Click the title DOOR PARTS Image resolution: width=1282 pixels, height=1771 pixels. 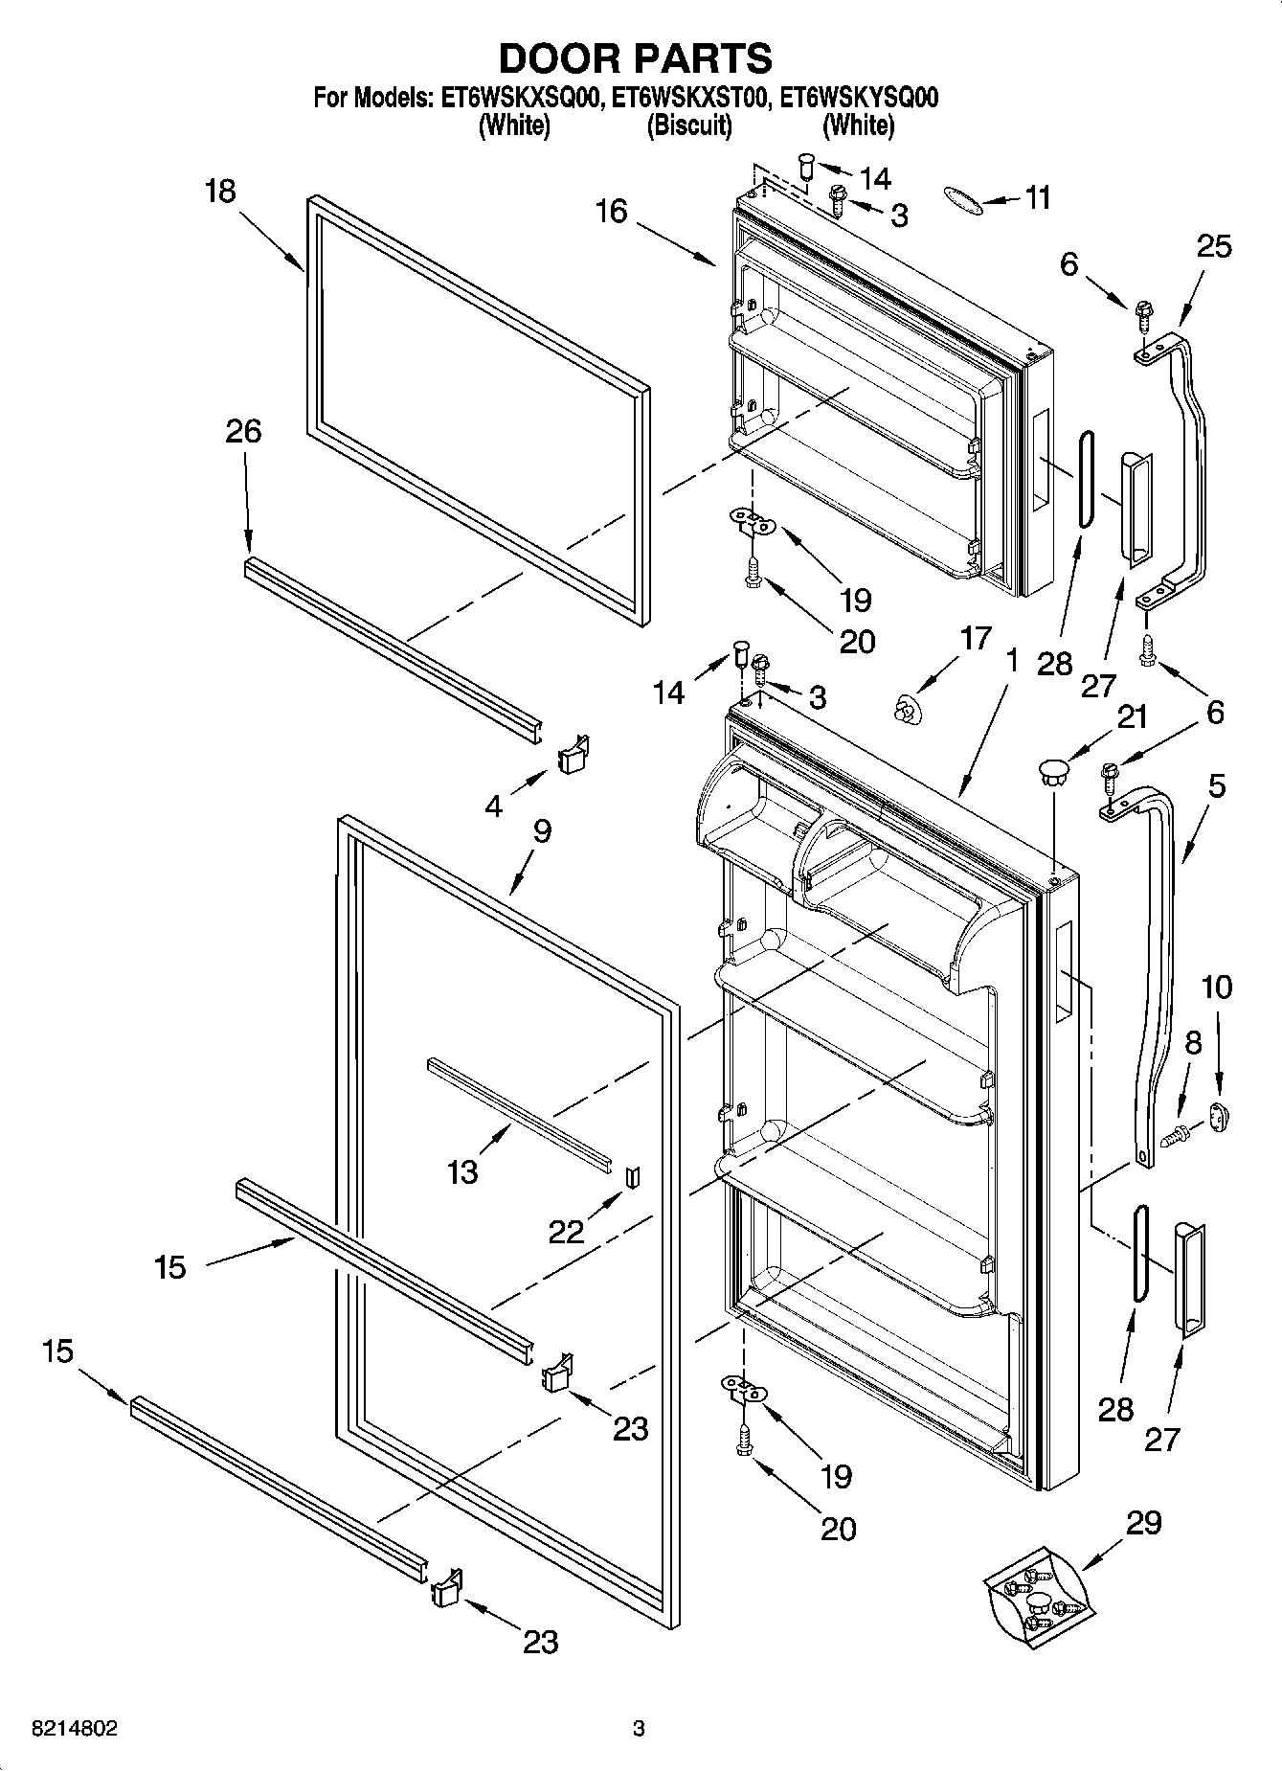click(636, 58)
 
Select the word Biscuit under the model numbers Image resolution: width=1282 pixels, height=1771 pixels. click(689, 125)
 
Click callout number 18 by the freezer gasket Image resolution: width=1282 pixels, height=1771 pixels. click(220, 192)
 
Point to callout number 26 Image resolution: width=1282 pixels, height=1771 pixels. click(243, 431)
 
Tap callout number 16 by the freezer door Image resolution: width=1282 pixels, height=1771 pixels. click(611, 212)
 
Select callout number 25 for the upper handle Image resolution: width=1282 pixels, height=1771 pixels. click(1213, 247)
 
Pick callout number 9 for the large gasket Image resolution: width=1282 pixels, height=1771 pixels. click(542, 830)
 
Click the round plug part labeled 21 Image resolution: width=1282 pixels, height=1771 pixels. click(1051, 771)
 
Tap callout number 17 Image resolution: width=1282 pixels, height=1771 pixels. click(975, 638)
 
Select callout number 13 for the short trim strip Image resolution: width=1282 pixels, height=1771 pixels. click(462, 1170)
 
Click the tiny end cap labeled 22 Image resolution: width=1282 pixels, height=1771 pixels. click(631, 1177)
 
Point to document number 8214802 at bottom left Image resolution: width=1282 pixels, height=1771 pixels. click(75, 1729)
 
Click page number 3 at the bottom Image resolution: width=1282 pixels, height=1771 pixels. click(639, 1729)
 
